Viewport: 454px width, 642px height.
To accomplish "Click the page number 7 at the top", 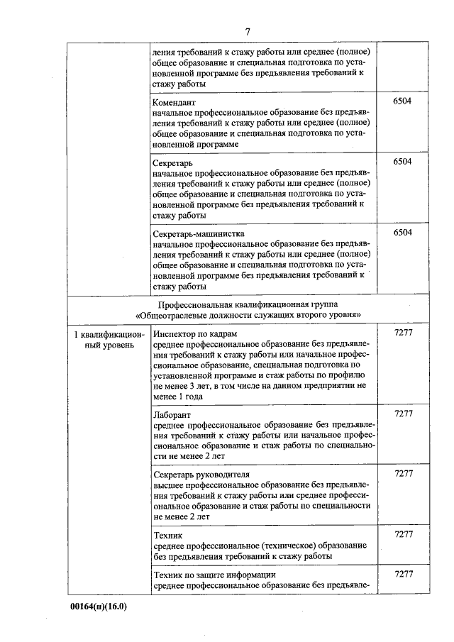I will pos(248,31).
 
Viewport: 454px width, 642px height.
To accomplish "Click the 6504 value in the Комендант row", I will pos(402,101).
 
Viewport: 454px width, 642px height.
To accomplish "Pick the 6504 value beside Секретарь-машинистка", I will pos(402,233).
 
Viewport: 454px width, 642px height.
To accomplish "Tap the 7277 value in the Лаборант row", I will pos(403,413).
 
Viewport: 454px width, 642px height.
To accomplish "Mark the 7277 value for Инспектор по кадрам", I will pos(403,332).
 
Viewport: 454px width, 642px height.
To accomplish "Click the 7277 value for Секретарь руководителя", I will pos(403,472).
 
